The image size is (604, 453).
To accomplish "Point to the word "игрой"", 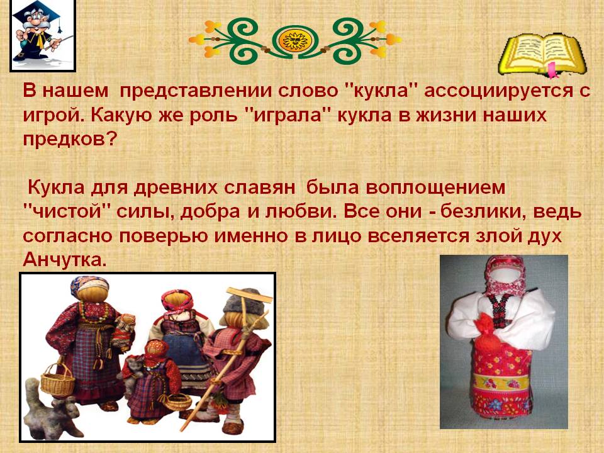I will pyautogui.click(x=50, y=116).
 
